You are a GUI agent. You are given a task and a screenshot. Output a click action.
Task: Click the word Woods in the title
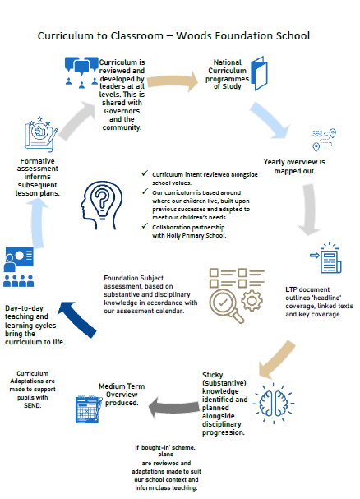(x=194, y=35)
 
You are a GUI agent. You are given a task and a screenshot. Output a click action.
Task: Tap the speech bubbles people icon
(x=81, y=72)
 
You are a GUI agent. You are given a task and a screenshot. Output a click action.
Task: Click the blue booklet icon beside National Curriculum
(x=260, y=73)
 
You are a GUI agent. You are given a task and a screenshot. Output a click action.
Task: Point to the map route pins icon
(x=324, y=140)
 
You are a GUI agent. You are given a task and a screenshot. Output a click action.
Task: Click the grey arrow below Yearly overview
(x=309, y=209)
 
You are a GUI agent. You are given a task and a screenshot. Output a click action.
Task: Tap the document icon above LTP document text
(x=326, y=257)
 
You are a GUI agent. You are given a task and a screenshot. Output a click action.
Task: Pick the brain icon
(x=274, y=404)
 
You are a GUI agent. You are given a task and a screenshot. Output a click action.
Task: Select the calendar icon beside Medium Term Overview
(x=89, y=409)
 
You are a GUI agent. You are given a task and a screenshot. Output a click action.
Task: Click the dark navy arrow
(x=77, y=319)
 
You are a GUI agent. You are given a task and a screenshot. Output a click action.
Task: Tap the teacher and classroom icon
(x=19, y=266)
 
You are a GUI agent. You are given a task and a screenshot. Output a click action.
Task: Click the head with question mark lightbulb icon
(x=102, y=205)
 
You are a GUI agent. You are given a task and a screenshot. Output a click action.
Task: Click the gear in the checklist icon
(x=252, y=301)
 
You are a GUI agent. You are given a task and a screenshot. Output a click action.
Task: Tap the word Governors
(x=122, y=111)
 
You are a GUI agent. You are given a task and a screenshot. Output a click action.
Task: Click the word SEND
(x=33, y=405)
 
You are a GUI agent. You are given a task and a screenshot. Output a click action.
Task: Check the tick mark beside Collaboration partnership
(x=145, y=226)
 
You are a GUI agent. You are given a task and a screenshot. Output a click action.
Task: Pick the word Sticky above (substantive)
(x=213, y=375)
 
